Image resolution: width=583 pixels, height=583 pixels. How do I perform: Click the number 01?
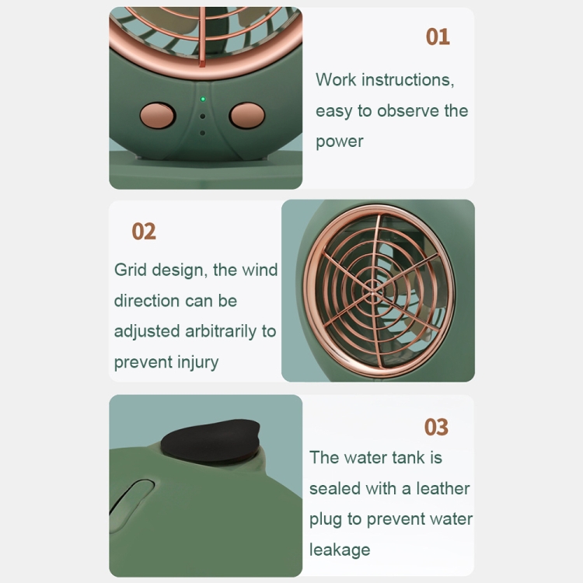[438, 37]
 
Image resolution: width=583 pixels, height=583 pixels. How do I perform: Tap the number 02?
[144, 232]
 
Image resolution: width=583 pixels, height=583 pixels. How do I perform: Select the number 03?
[436, 427]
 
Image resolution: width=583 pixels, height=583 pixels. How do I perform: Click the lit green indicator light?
[203, 99]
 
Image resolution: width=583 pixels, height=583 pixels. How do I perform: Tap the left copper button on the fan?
[157, 115]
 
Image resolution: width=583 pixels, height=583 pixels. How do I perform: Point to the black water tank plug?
[211, 441]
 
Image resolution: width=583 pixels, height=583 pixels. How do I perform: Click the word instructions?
[407, 80]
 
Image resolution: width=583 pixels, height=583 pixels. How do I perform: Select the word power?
[340, 142]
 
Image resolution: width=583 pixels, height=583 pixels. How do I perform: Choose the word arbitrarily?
[221, 331]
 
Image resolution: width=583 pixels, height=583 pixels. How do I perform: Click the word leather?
[443, 489]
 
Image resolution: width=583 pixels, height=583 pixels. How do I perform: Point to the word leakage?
[340, 550]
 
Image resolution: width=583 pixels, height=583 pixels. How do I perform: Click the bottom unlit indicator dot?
[203, 133]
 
